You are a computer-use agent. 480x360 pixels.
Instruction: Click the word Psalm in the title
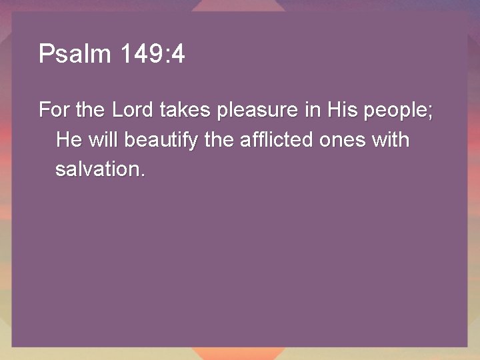(75, 54)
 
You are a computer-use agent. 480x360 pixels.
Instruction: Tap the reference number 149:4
(153, 54)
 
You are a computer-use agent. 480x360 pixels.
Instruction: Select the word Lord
(134, 110)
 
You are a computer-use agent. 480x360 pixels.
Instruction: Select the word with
(392, 140)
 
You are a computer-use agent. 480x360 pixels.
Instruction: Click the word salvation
(96, 169)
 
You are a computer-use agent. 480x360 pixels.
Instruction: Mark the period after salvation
(141, 175)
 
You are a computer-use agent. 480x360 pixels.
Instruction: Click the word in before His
(313, 110)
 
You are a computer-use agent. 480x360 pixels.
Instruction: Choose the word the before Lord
(90, 110)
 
